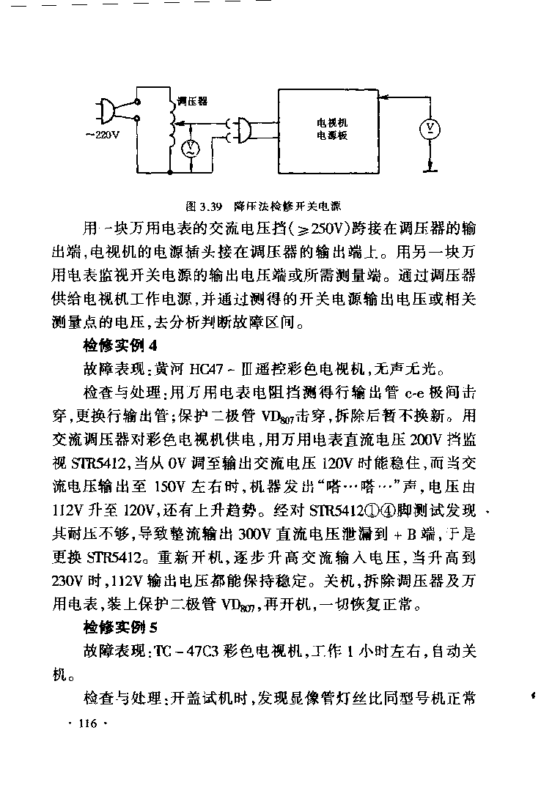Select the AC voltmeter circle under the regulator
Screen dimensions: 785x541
(x=190, y=149)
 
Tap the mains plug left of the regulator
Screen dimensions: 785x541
(x=105, y=112)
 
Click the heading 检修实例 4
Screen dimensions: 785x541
(x=121, y=344)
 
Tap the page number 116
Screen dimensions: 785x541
(x=87, y=723)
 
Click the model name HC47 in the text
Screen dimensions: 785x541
(x=206, y=368)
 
